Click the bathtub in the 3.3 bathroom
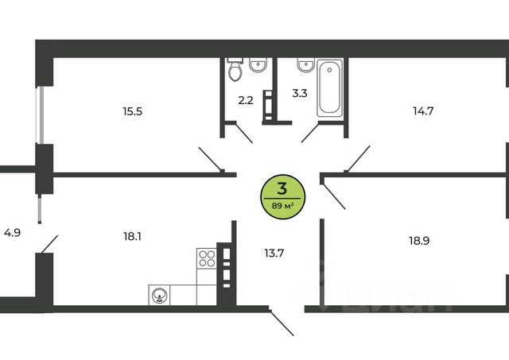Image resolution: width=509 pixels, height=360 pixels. coord(330,87)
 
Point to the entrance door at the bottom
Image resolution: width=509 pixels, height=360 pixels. coord(281,322)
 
